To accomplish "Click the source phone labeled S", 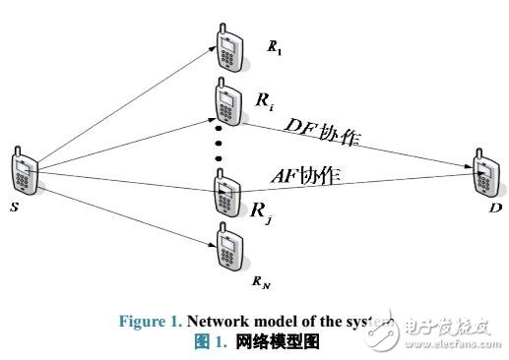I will click(x=27, y=172).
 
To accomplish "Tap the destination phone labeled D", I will click(x=483, y=172).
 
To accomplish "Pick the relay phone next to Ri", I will click(x=226, y=103).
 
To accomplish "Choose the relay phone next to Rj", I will click(x=226, y=194).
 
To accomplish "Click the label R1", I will click(x=277, y=46).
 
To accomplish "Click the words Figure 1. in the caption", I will click(x=150, y=322).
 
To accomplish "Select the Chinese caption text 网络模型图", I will click(x=277, y=340).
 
